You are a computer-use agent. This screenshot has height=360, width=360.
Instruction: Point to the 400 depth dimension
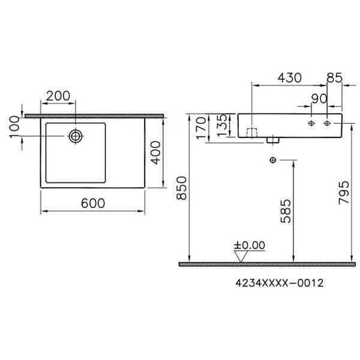[156, 154]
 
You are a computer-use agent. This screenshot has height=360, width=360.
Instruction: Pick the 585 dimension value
[285, 210]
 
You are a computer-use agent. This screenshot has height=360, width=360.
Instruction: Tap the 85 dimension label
[333, 78]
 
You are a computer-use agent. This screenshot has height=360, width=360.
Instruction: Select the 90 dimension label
[317, 98]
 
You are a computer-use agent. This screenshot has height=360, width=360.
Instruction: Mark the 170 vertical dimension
[200, 127]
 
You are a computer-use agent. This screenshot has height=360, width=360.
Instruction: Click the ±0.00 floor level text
[249, 246]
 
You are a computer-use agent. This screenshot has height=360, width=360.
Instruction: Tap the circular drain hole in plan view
[75, 137]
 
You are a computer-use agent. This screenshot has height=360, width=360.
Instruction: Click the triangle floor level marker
[240, 256]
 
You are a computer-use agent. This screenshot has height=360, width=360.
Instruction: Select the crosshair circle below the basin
[272, 159]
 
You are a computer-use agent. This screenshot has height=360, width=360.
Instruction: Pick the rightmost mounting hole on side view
[328, 124]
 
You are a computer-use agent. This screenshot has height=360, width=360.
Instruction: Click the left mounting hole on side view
[312, 124]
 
